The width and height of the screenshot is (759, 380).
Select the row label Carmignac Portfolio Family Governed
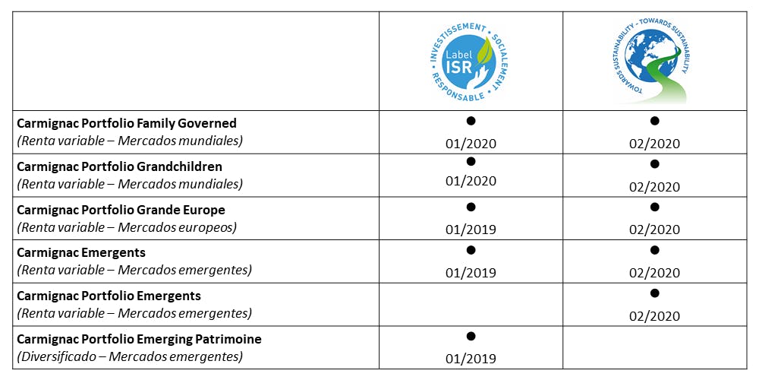coord(127,123)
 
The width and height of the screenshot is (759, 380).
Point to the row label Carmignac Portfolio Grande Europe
coord(121,210)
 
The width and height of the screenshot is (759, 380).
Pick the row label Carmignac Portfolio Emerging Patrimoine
coord(139,339)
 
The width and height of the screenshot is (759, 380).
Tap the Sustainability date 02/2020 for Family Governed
coord(654,144)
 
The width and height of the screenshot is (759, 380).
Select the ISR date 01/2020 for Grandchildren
coord(471,181)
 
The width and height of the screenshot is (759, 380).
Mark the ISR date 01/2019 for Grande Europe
coord(471,230)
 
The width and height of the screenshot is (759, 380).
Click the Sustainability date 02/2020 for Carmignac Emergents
coord(654,273)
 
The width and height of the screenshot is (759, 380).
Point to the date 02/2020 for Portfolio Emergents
coord(654,316)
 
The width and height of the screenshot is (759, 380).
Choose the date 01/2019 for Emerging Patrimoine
coord(471,359)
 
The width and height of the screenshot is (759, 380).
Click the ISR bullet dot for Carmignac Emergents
coord(471,249)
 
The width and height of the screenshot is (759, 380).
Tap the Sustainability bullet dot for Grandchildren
coord(654,163)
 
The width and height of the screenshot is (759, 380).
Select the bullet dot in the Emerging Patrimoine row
coord(471,336)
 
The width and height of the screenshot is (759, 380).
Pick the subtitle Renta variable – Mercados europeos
coord(126,227)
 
